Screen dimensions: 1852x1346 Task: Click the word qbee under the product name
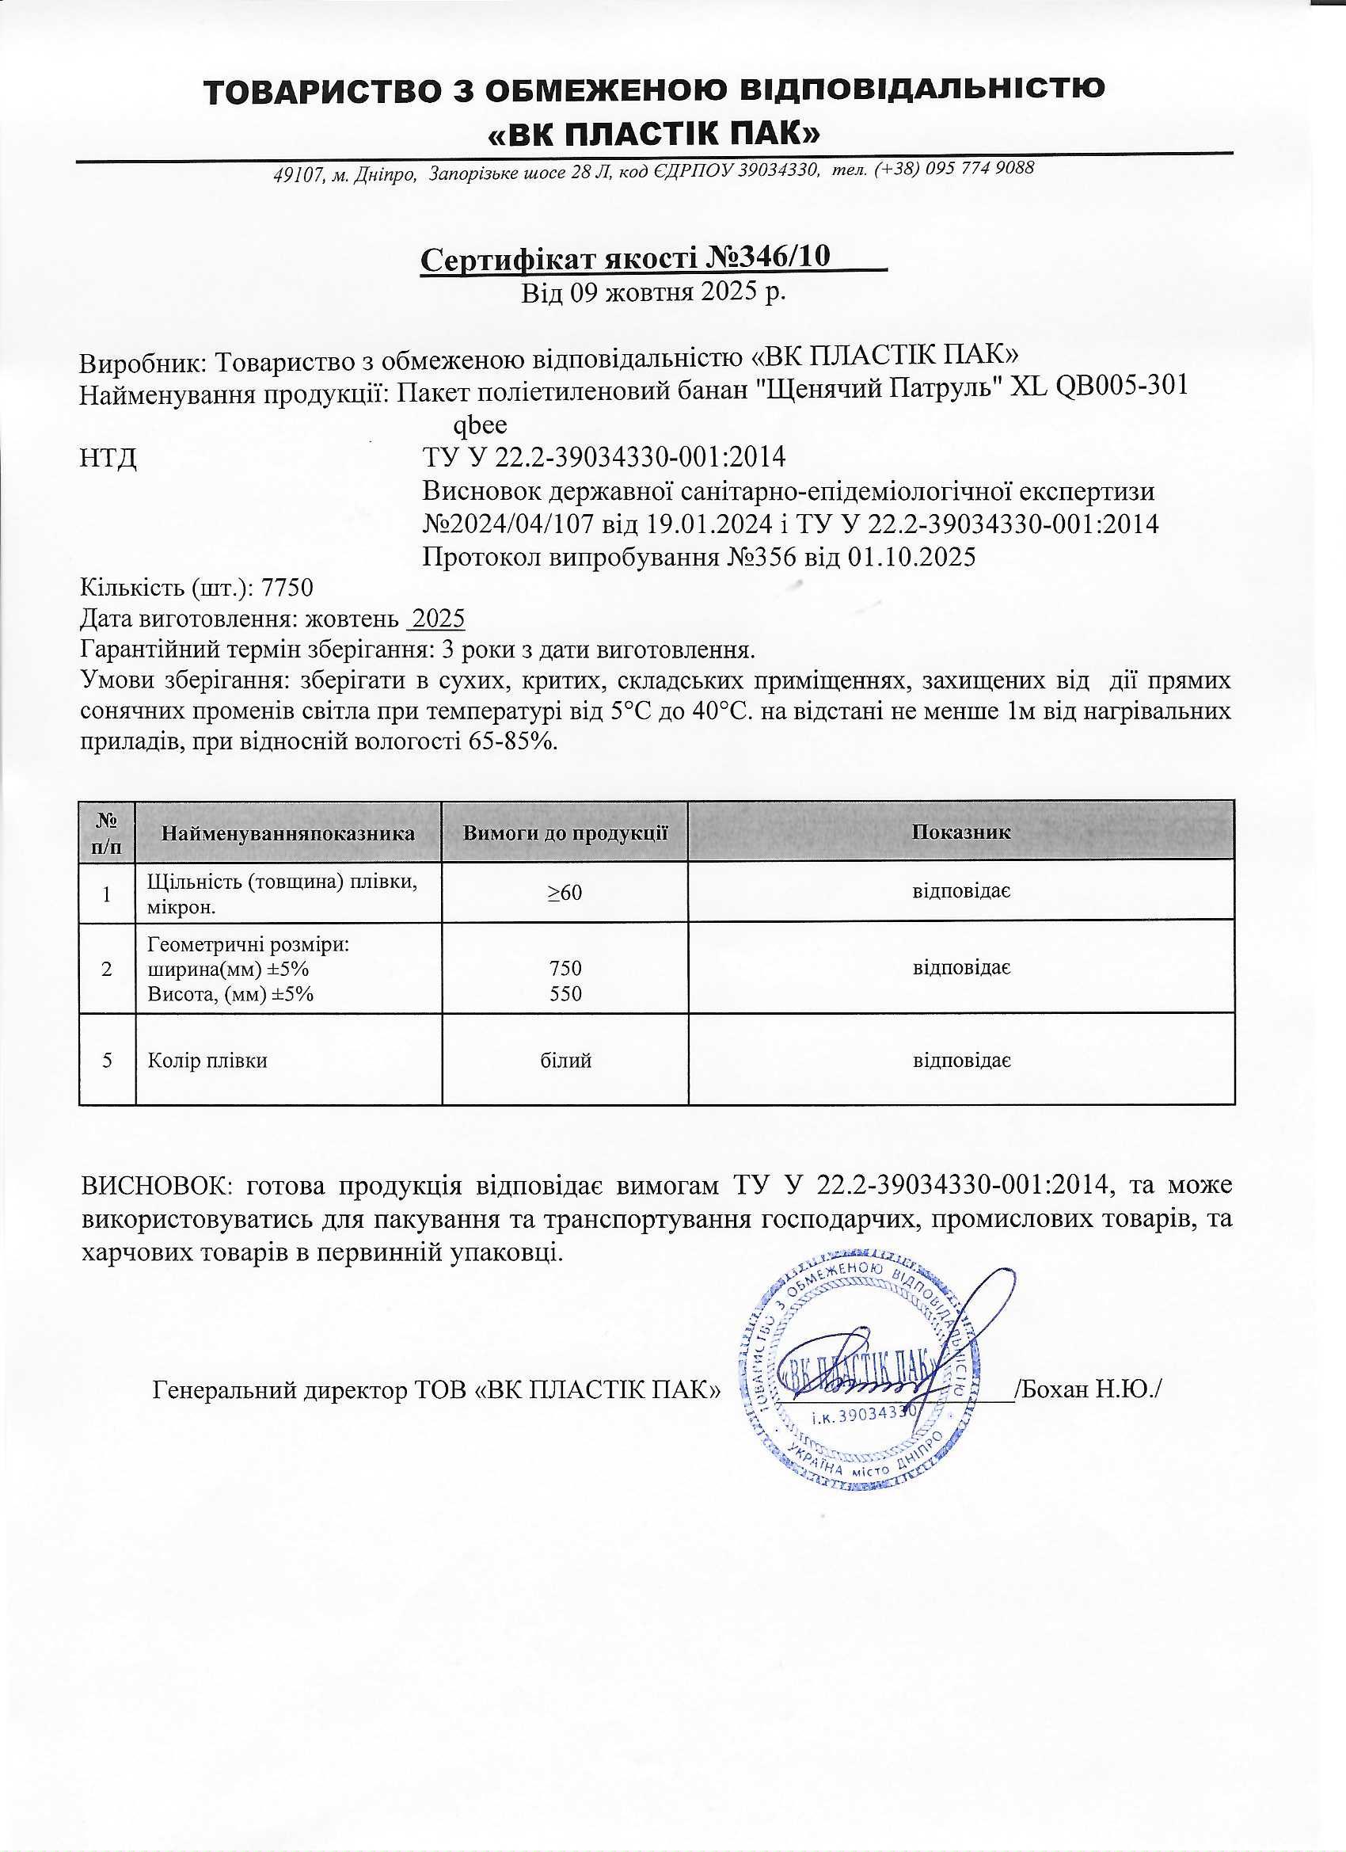point(480,425)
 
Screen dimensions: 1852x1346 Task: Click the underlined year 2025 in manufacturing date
point(437,619)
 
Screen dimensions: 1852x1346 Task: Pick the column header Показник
point(961,832)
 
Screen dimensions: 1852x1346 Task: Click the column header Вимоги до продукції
point(565,833)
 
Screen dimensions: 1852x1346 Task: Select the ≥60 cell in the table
point(565,893)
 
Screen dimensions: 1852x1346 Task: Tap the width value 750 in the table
point(565,969)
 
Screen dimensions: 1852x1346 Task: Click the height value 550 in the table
point(565,994)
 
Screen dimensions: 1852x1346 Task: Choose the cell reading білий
point(565,1061)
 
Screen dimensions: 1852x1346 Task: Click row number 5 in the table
point(107,1061)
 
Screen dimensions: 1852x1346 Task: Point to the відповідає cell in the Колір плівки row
point(961,1061)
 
